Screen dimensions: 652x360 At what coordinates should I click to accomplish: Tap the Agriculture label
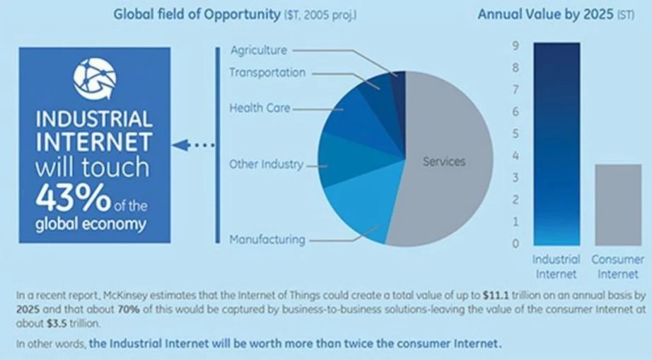click(259, 50)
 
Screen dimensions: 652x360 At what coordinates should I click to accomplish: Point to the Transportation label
click(267, 73)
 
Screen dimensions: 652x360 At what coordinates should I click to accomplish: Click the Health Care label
click(260, 108)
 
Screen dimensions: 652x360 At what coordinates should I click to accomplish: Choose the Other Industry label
click(266, 164)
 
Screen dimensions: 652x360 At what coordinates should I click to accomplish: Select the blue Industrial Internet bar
click(557, 144)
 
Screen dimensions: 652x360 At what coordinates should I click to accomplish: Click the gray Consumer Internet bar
click(618, 205)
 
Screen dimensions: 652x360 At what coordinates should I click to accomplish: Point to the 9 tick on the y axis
click(516, 45)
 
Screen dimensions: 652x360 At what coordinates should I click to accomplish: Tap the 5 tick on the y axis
click(516, 134)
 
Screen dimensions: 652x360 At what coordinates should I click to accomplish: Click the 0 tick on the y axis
click(516, 243)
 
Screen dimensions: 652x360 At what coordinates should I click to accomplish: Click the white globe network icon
click(95, 79)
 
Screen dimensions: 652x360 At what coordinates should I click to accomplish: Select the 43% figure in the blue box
click(73, 197)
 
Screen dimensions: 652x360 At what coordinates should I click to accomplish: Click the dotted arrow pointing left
click(193, 145)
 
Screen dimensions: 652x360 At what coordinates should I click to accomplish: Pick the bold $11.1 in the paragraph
click(496, 296)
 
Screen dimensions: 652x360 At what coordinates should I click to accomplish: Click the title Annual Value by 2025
click(545, 15)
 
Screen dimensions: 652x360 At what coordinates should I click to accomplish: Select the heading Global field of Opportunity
click(197, 15)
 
